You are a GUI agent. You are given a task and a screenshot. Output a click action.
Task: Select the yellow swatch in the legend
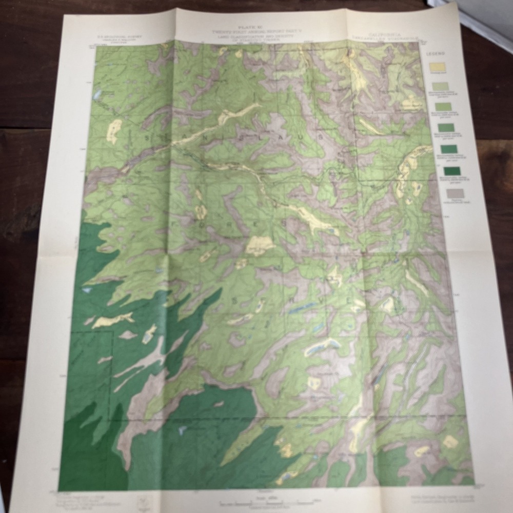440,67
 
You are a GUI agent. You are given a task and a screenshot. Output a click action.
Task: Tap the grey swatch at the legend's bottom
455,193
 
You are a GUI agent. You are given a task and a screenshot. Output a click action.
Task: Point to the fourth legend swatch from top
445,128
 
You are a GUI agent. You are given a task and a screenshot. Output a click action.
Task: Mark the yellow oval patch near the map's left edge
113,131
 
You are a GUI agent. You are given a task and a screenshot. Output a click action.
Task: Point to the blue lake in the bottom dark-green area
182,430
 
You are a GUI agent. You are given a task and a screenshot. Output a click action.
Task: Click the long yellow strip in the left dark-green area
112,321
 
